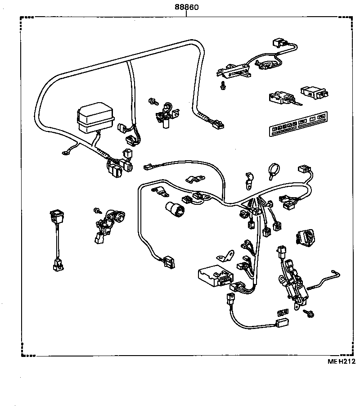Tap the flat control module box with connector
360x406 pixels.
(216, 275)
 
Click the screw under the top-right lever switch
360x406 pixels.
(222, 85)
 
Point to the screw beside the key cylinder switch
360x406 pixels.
(96, 210)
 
